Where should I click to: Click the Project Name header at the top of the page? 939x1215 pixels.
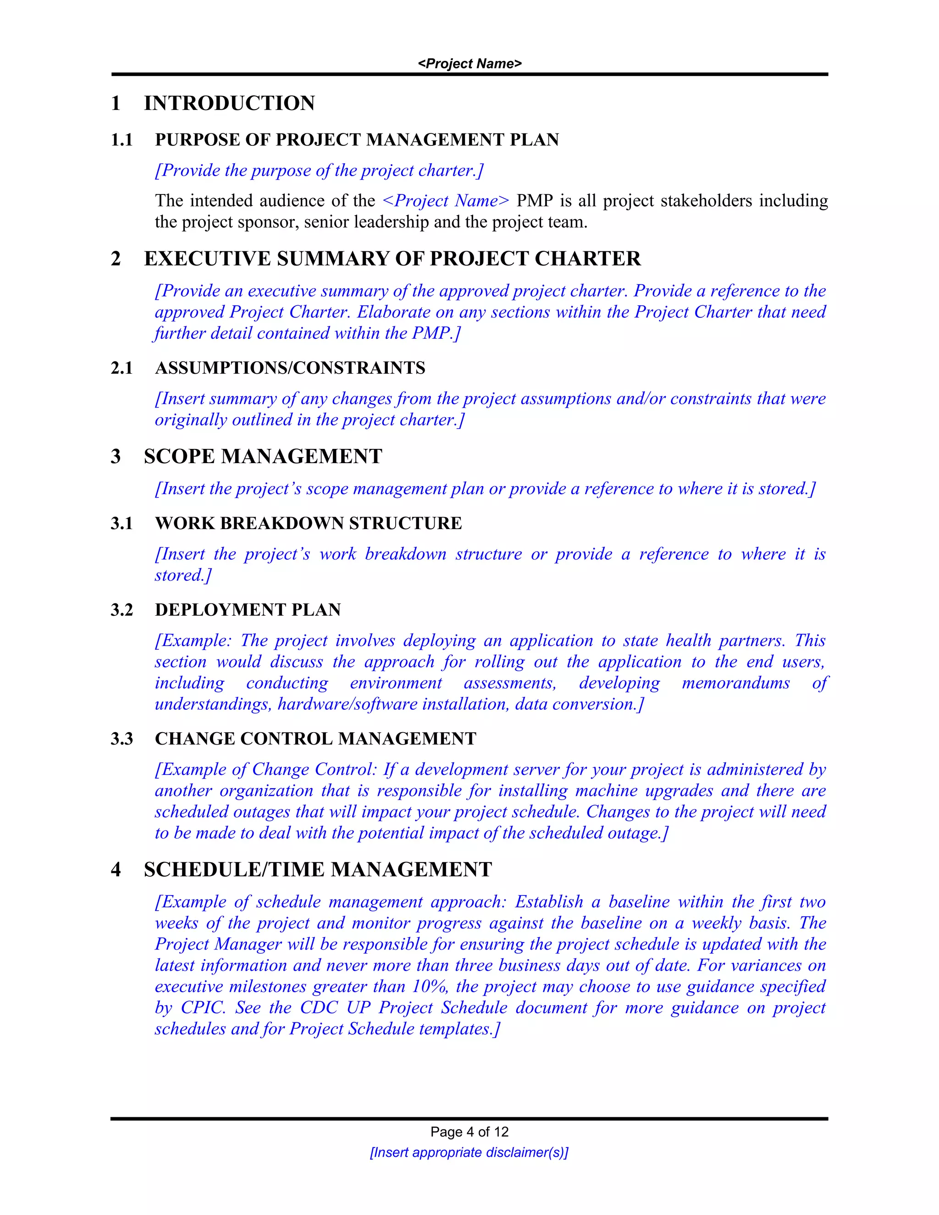(x=469, y=63)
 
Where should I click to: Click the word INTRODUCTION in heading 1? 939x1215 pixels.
(x=229, y=104)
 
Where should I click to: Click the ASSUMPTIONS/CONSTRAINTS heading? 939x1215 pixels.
(x=290, y=368)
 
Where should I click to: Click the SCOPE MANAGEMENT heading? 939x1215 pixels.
(x=263, y=457)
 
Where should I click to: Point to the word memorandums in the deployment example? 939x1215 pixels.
(x=735, y=683)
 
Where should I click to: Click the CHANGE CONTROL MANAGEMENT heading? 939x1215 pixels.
(x=315, y=739)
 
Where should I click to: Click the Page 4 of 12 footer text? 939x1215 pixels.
(x=469, y=1132)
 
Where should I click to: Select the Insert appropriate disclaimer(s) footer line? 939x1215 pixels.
(x=469, y=1153)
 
